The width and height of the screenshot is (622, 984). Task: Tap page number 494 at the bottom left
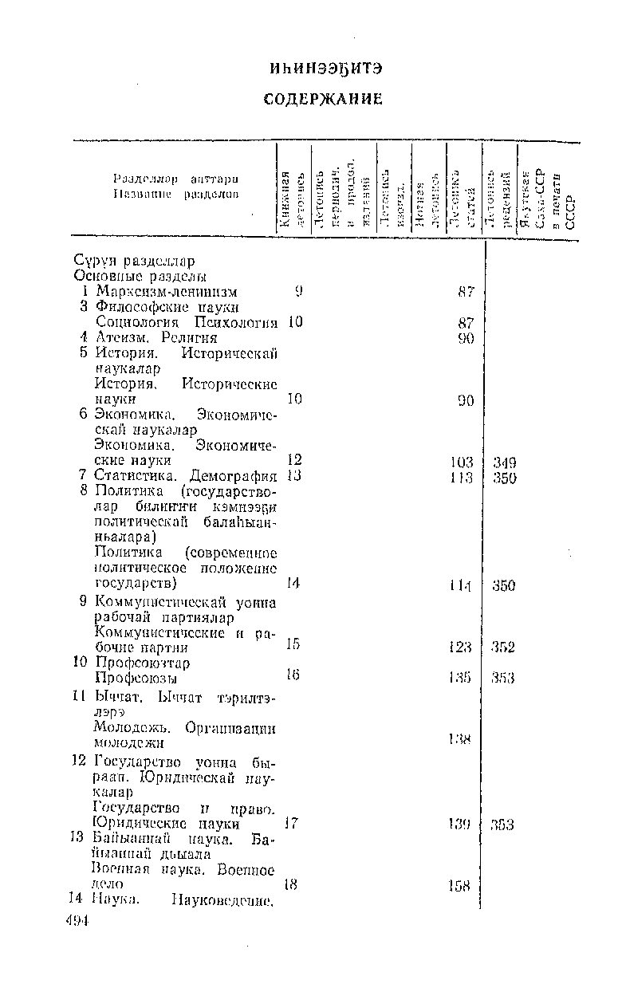[77, 921]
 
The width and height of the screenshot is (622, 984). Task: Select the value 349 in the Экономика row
[504, 462]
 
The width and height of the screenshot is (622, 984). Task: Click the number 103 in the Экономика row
[461, 462]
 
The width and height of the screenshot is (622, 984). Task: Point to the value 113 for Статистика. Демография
[461, 478]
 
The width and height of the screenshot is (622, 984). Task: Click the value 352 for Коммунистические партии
[503, 647]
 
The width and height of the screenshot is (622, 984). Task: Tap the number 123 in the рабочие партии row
[461, 647]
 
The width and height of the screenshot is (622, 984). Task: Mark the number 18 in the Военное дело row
[291, 884]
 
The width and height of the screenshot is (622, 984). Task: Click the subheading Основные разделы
[140, 276]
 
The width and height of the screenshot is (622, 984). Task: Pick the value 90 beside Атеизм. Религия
[466, 338]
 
